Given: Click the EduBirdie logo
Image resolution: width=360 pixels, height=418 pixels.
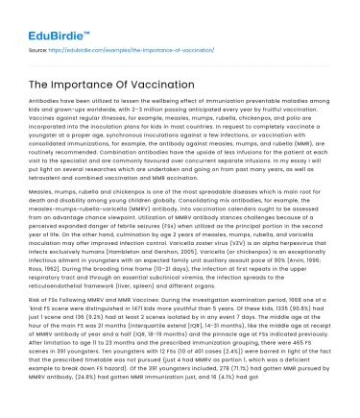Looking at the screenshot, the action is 45,16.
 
